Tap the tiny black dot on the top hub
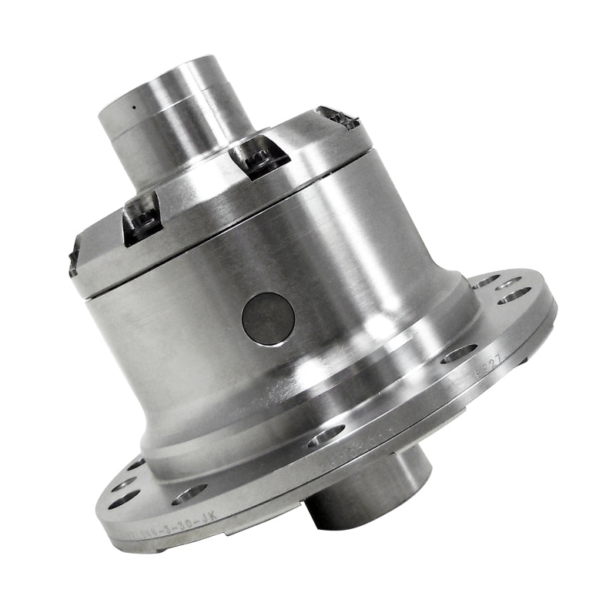tap(133, 107)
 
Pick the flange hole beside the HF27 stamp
tap(459, 353)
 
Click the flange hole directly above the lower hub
tap(326, 437)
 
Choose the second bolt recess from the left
tap(142, 218)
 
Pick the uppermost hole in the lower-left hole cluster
tap(136, 464)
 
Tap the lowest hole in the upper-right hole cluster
tap(514, 298)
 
